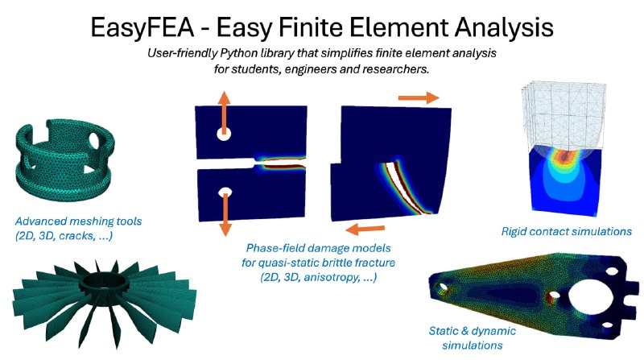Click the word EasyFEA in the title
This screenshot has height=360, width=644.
pos(142,27)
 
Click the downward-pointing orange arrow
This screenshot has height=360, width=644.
pos(225,214)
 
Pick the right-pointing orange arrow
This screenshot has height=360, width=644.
pos(419,97)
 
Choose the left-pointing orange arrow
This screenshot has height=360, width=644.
pos(365,229)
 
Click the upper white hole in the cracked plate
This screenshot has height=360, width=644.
pos(224,134)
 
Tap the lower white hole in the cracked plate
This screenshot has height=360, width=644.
pos(225,192)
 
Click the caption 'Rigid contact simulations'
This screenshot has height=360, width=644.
pos(567,231)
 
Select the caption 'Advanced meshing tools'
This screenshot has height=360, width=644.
pos(78,221)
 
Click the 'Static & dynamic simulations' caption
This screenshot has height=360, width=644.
pos(473,337)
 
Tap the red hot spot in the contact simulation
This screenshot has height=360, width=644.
pos(566,155)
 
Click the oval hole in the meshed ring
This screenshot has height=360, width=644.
pos(94,139)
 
